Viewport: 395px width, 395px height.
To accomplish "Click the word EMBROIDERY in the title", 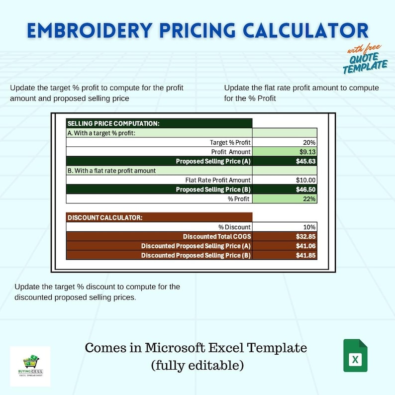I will tap(84, 31).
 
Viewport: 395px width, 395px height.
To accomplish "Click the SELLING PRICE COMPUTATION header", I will tap(113, 123).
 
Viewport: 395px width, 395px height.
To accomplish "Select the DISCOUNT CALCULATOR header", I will tap(105, 217).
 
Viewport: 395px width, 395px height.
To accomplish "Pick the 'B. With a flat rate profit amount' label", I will tap(111, 171).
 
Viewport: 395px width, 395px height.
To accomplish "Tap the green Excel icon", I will tap(355, 355).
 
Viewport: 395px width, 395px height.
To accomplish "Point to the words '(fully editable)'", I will tap(197, 366).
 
